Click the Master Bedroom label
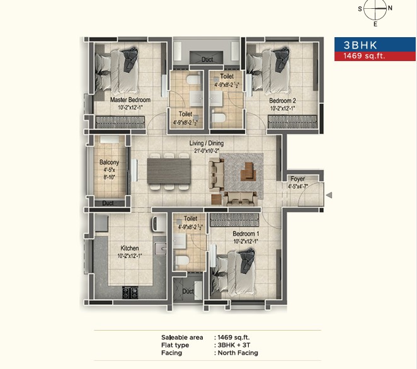[x=130, y=99]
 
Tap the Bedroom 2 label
[x=282, y=101]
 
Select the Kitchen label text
[x=130, y=248]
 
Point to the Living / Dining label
[x=207, y=143]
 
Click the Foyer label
[x=297, y=179]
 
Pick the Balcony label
[x=109, y=162]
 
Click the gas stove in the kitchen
[x=130, y=292]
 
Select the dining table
[x=169, y=171]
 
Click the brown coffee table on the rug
[x=248, y=172]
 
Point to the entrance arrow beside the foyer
[x=329, y=195]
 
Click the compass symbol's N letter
[x=390, y=8]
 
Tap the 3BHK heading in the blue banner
[x=360, y=45]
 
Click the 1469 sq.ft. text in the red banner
[x=364, y=56]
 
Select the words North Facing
[x=237, y=353]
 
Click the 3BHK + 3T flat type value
[x=234, y=345]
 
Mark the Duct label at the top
[x=207, y=60]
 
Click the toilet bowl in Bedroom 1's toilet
[x=182, y=260]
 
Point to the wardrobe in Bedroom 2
[x=292, y=122]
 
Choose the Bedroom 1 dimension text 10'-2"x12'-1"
[x=246, y=241]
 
